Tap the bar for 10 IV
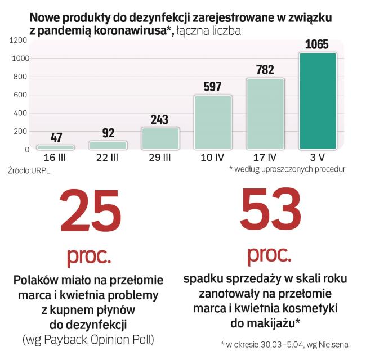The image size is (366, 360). pyautogui.click(x=213, y=122)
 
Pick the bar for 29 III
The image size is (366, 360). pyautogui.click(x=160, y=138)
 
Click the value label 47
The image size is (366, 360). pyautogui.click(x=55, y=137)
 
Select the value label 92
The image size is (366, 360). pyautogui.click(x=108, y=133)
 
